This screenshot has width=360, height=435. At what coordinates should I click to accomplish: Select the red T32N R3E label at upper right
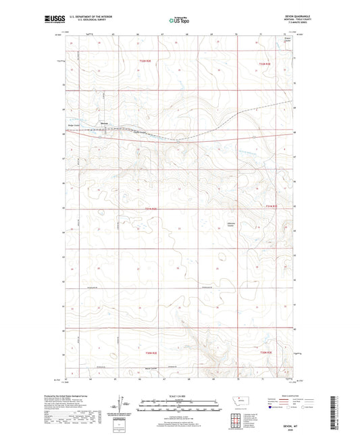[269, 63]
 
